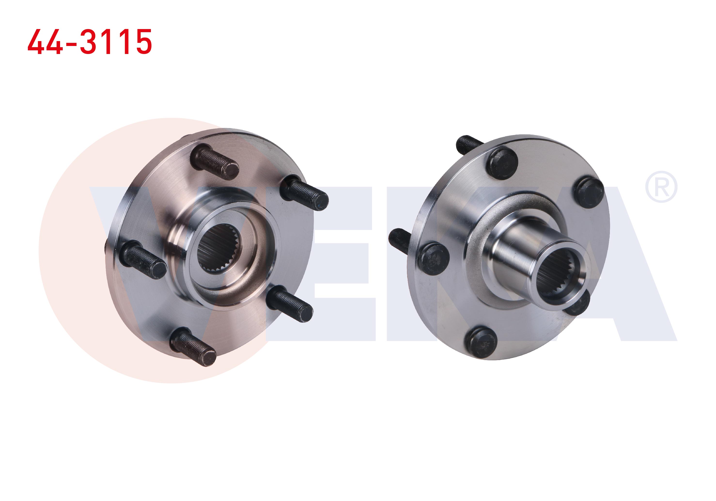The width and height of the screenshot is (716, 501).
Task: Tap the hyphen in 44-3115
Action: tap(71, 43)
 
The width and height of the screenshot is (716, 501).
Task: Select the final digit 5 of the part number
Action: tap(142, 42)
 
